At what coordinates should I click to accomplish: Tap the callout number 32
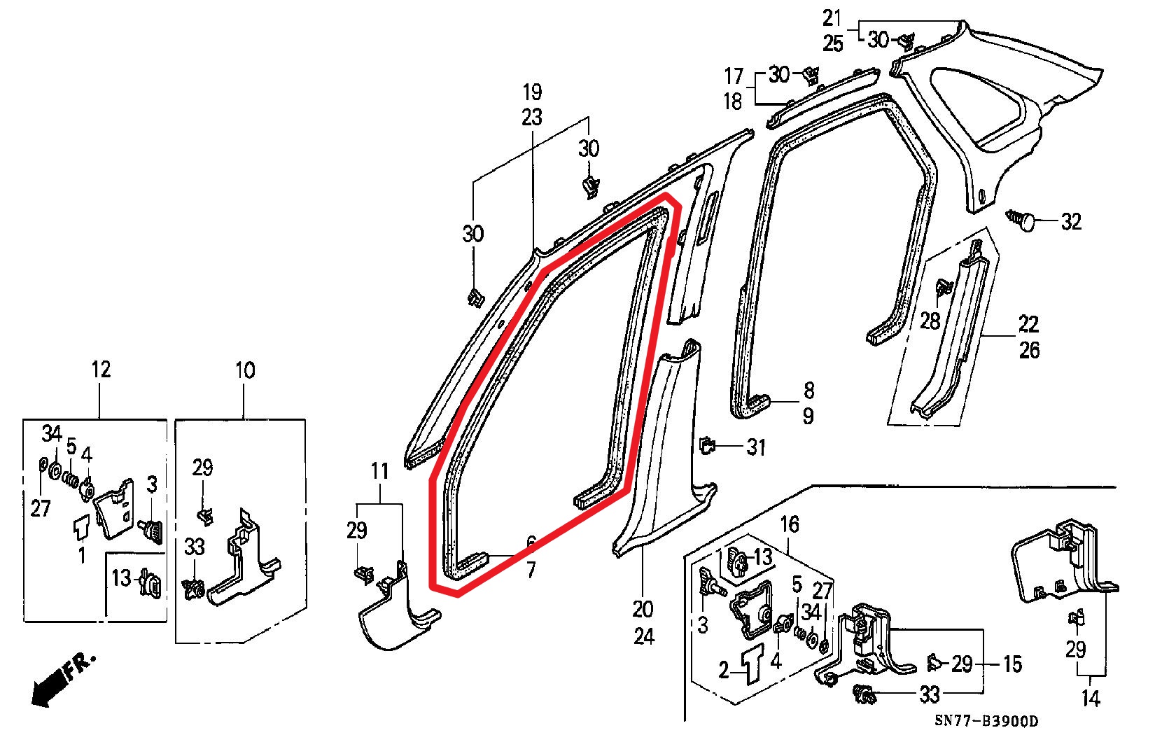pos(1071,223)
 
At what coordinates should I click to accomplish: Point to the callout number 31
pos(756,447)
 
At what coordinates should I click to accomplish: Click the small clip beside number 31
pos(708,444)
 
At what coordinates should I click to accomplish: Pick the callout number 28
pos(930,321)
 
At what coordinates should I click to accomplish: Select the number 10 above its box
pos(245,370)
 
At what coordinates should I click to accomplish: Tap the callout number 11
pos(379,470)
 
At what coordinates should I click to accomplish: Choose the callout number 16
pos(790,524)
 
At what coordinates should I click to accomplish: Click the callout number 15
pos(1012,664)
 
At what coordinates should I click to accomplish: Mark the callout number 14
pos(1091,698)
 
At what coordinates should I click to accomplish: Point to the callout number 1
pos(82,556)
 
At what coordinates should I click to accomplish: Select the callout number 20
pos(643,609)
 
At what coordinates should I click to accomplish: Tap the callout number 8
pos(808,390)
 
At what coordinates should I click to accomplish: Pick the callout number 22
pos(1028,324)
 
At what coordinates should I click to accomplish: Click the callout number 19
pos(532,92)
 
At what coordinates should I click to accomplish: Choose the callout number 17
pos(733,76)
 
